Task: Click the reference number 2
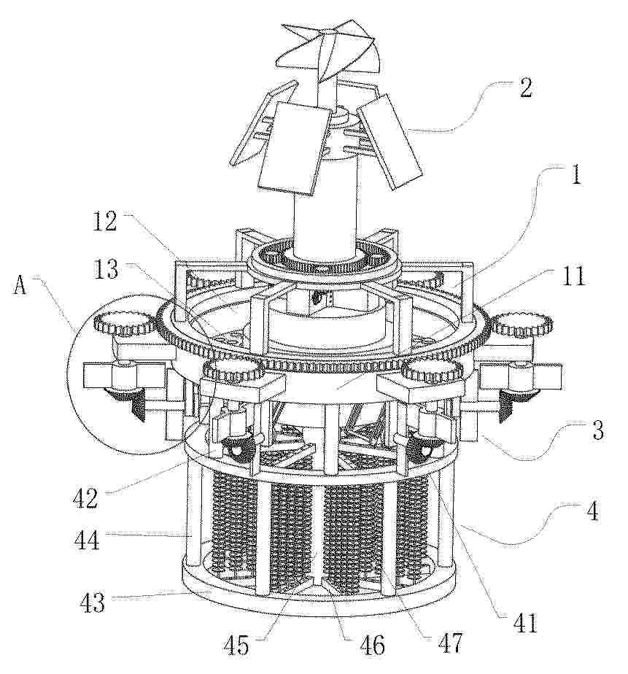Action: (x=525, y=88)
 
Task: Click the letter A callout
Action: (x=20, y=285)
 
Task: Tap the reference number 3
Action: (x=597, y=430)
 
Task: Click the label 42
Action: (x=85, y=498)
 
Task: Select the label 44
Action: (x=85, y=540)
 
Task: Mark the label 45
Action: (x=236, y=645)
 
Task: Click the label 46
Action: (x=372, y=645)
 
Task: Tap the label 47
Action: (x=449, y=643)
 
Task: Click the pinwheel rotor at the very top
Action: (x=327, y=51)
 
